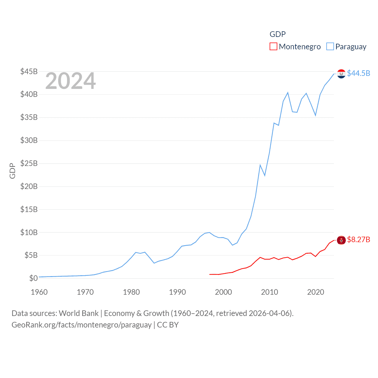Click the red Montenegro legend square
pos(273,47)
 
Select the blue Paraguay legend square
pos(330,47)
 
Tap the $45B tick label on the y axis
pos(29,71)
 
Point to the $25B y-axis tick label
pos(29,163)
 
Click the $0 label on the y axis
pos(33,278)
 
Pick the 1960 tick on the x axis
pos(39,292)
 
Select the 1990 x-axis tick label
pos(177,292)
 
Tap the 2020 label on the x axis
pos(316,292)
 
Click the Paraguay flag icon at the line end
pos(341,74)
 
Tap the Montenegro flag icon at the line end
pos(341,240)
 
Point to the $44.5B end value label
pos(359,73)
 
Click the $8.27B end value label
pos(359,239)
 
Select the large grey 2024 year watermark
pos(71,81)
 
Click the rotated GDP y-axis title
pos(12,171)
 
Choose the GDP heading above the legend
pos(278,34)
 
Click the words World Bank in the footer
pos(79,313)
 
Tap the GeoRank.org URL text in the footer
pos(82,325)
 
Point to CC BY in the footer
pos(168,325)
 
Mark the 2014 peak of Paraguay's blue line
pos(288,93)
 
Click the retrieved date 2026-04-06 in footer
pos(270,313)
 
